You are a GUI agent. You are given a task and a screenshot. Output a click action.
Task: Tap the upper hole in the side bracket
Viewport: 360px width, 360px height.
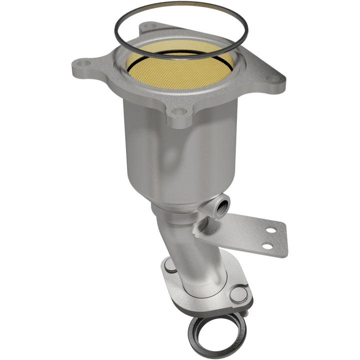[x=270, y=230]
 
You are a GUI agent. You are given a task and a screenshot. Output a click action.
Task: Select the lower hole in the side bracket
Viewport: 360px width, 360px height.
[x=267, y=246]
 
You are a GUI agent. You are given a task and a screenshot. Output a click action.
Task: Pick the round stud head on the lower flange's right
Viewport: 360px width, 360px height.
[x=240, y=294]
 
